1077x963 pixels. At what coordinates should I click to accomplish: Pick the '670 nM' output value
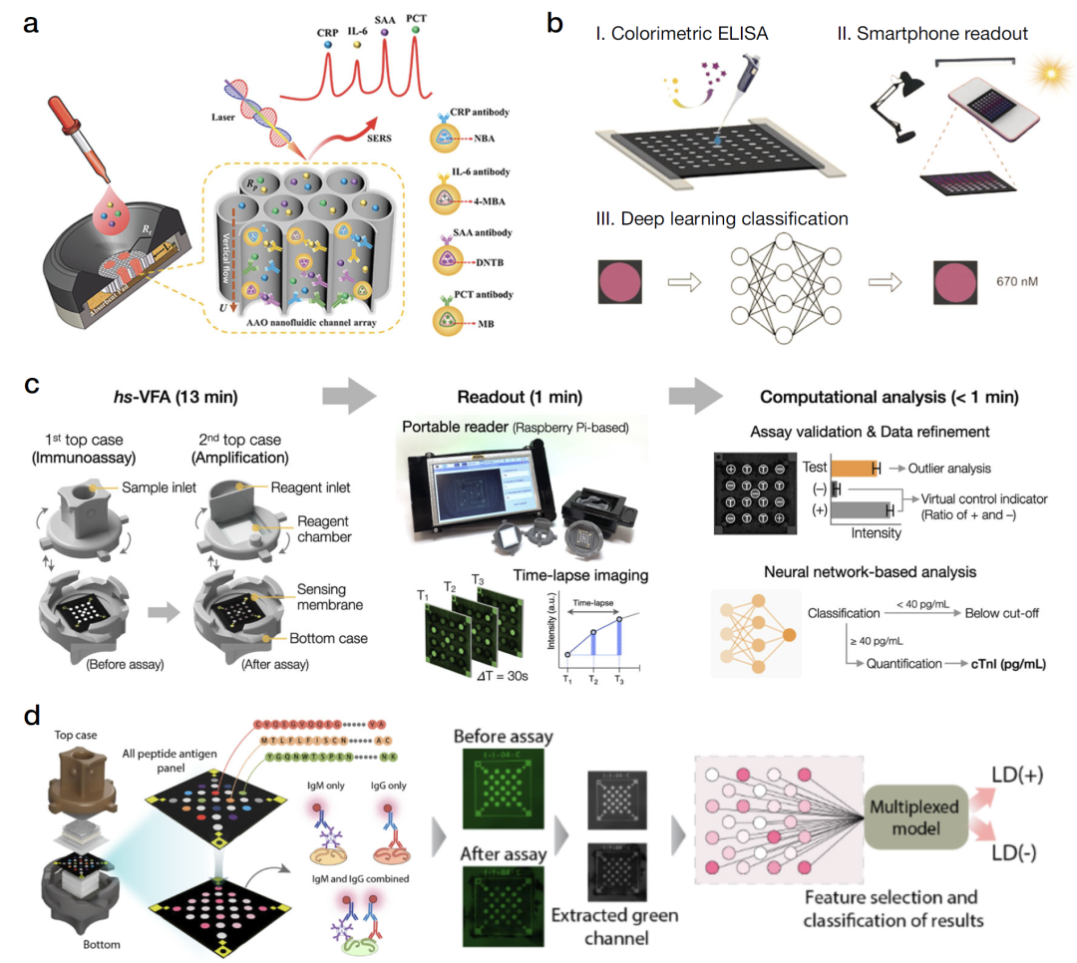tap(1009, 282)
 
